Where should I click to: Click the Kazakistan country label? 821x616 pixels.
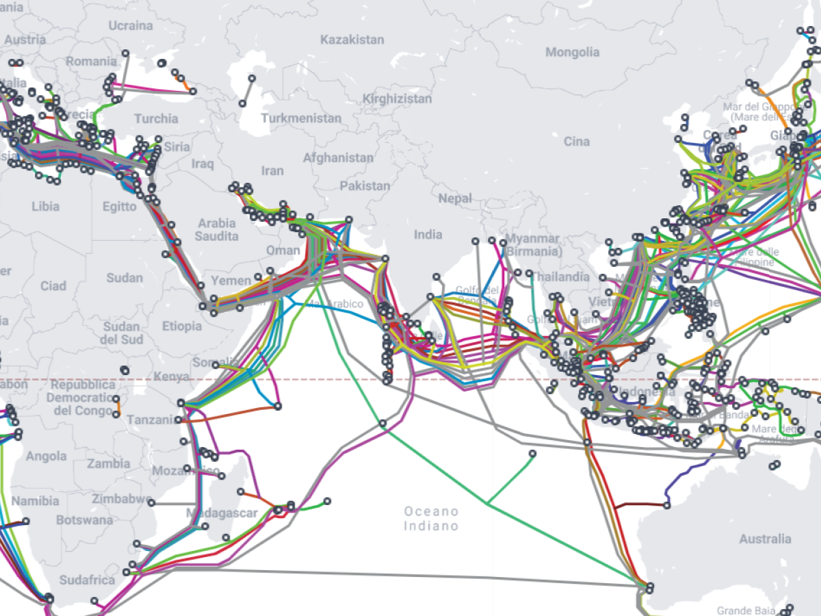[x=352, y=40]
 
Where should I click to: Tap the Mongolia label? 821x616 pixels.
[x=572, y=52]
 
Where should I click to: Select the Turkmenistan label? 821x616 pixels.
[x=300, y=118]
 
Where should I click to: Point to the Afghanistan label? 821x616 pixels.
[x=338, y=157]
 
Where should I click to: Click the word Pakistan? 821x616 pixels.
[x=365, y=185]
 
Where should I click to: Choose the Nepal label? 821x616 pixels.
[x=455, y=198]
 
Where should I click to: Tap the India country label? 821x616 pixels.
[x=428, y=235]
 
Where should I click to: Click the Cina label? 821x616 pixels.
[x=576, y=142]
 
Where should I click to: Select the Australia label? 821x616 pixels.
[x=765, y=539]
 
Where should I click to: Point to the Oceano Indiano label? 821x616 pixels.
[x=430, y=519]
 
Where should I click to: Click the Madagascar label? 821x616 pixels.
[x=222, y=513]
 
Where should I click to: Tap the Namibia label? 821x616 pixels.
[x=36, y=501]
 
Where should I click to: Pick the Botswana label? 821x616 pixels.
[x=83, y=520]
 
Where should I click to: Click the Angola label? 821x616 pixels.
[x=47, y=456]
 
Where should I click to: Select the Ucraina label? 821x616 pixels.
[x=130, y=26]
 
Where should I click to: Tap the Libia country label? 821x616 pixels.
[x=45, y=206]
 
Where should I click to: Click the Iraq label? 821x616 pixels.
[x=203, y=164]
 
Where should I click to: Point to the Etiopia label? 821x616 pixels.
[x=182, y=326]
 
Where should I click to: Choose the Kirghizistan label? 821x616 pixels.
[x=397, y=99]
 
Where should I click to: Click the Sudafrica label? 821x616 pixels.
[x=87, y=580]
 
